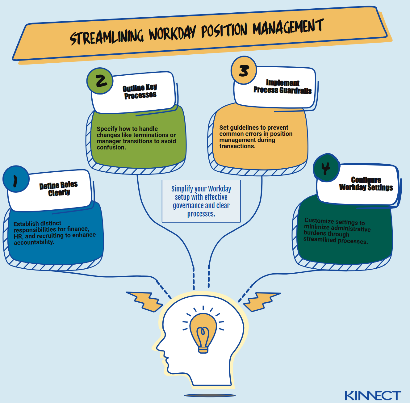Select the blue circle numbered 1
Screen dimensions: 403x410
pos(16,179)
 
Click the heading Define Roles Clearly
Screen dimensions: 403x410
pos(59,189)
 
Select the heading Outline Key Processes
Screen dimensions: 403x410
pos(140,91)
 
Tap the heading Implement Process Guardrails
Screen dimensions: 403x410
pos(282,87)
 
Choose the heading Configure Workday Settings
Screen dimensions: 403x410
pos(366,184)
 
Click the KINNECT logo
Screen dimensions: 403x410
pos(373,396)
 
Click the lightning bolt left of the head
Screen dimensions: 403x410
pos(145,301)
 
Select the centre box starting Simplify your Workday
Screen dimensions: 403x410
pos(201,201)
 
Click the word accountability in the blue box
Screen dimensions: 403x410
pos(34,242)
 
